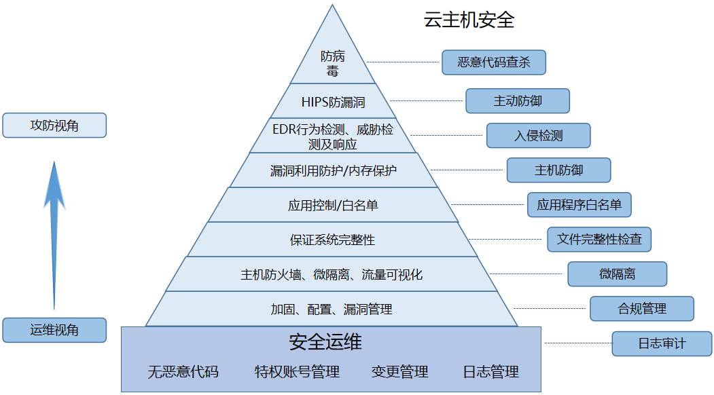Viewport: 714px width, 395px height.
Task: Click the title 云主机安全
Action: (469, 20)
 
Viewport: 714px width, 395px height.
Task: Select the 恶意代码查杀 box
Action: (493, 62)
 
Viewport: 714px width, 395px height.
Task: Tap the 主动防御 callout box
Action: (517, 101)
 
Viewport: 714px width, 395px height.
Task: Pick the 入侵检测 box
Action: (538, 136)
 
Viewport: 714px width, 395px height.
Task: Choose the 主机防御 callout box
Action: (558, 170)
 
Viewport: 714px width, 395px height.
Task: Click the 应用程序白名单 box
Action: (579, 205)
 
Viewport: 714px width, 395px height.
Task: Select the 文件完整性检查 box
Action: (599, 240)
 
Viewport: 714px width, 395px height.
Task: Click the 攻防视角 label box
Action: (54, 126)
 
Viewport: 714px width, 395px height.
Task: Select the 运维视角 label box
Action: (54, 331)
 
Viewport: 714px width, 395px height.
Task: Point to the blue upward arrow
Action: (54, 231)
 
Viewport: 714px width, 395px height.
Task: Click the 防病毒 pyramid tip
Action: (332, 62)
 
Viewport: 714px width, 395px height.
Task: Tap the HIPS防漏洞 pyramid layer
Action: (333, 102)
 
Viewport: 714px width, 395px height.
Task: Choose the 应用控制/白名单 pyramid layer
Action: (333, 205)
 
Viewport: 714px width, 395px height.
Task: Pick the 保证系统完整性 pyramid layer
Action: (333, 240)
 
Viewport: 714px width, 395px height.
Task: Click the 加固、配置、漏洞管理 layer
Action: (332, 309)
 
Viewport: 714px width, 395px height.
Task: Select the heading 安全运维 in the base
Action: (325, 342)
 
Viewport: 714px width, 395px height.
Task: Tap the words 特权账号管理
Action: (297, 372)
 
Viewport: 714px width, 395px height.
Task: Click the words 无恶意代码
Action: (183, 372)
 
